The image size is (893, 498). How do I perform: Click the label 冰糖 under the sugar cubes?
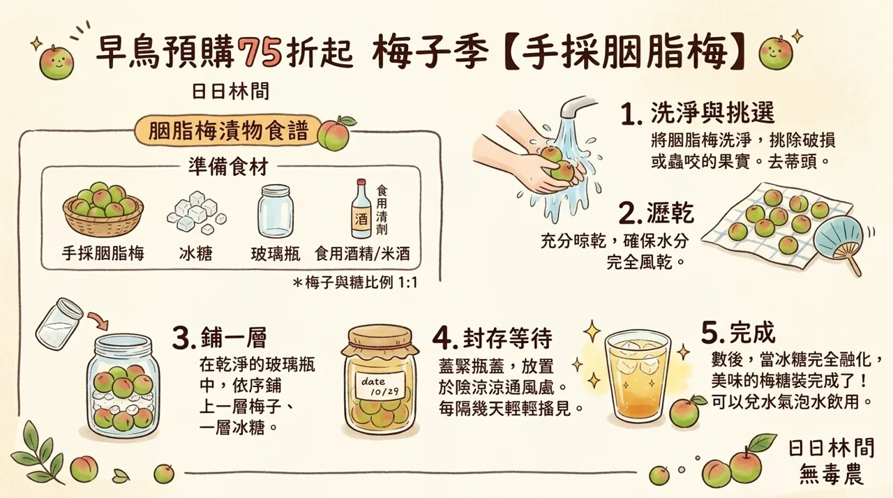point(196,253)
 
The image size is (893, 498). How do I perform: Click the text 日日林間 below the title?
point(230,91)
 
